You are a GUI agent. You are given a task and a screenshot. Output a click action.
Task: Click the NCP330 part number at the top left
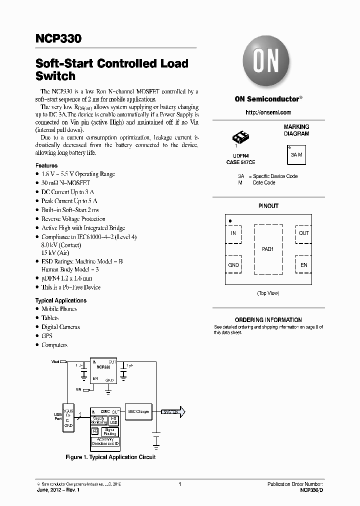pos(56,38)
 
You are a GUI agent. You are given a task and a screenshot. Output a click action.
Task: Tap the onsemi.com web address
pos(268,112)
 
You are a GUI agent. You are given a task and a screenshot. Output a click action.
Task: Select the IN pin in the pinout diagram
pos(233,233)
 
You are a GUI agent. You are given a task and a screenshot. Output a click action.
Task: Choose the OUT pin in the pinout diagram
pos(303,233)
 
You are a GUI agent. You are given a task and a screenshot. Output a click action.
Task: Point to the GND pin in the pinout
pos(233,265)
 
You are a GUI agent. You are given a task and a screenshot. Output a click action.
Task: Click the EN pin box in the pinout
pos(303,265)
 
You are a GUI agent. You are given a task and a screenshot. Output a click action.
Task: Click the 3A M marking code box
pos(296,155)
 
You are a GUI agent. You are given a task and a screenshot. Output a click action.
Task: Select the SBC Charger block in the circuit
pos(138,412)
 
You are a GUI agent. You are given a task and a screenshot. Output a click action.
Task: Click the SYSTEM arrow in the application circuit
pos(173,412)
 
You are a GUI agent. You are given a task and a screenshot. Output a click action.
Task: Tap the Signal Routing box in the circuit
pos(109,431)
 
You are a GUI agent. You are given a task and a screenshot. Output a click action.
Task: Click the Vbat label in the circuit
pos(56,361)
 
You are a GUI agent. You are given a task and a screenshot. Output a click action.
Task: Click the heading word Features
pos(46,165)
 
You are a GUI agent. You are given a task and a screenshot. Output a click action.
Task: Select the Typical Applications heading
pos(60,300)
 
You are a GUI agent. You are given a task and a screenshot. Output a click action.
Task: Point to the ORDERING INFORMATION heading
pos(268,320)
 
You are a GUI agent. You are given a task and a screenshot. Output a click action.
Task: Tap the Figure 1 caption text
pos(110,457)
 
